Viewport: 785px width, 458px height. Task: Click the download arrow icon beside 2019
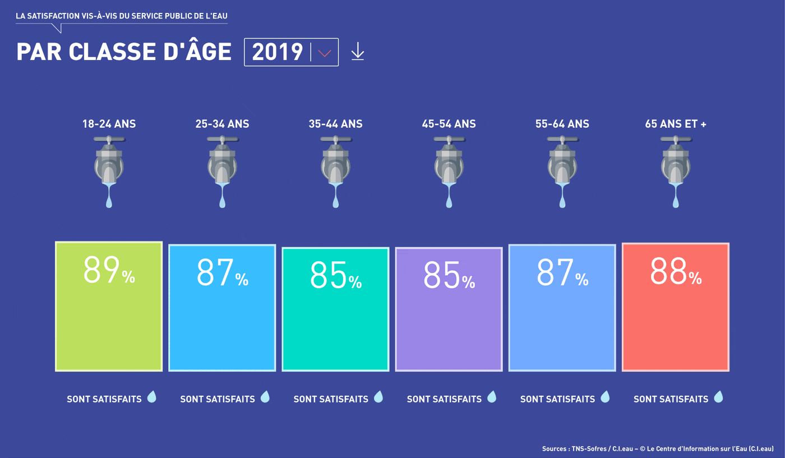pos(358,52)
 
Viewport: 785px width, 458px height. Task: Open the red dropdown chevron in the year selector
pos(325,53)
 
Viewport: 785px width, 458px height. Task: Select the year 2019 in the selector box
pos(278,52)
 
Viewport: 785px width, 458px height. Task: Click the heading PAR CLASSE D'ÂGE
pos(124,52)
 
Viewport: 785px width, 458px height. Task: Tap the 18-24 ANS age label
pos(109,124)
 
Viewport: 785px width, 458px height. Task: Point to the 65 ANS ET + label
pos(676,124)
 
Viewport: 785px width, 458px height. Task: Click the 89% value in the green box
pos(109,271)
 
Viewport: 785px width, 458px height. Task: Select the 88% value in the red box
pos(676,272)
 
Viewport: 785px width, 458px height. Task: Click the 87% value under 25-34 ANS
pos(222,273)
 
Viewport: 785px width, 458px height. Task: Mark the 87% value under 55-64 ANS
pos(562,273)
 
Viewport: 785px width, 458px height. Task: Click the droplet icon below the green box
pos(151,397)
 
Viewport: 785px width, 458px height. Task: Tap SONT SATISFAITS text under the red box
pos(671,399)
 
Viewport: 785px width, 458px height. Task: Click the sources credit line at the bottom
pos(657,448)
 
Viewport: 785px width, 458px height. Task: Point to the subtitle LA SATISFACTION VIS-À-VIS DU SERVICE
pos(122,16)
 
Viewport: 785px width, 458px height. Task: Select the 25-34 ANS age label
pos(222,124)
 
